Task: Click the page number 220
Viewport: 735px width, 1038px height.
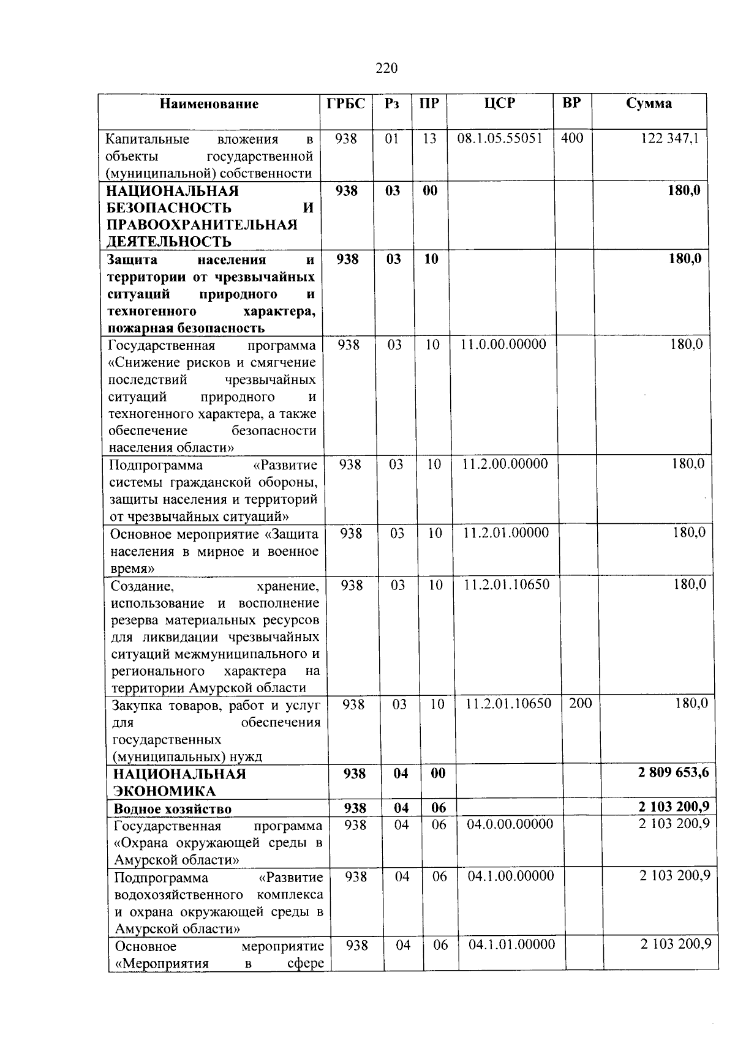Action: tap(386, 68)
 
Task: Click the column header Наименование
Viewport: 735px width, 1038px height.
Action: tap(209, 104)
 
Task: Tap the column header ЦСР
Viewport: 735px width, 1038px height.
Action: tap(500, 103)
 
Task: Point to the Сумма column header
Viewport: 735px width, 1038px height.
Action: tap(649, 103)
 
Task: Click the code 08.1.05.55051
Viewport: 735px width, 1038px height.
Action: tap(500, 138)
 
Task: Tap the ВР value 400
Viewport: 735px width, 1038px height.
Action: tap(572, 138)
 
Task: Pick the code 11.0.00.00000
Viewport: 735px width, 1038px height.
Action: tap(503, 345)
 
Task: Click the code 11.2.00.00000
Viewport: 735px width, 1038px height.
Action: tap(505, 464)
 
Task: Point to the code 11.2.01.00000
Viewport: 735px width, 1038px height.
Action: tap(506, 533)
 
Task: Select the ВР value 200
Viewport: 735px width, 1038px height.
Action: tap(580, 703)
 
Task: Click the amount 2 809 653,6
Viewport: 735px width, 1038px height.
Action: tap(673, 773)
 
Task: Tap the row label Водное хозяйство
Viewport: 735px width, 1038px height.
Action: tap(173, 809)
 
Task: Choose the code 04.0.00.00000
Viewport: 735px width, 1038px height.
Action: tap(510, 824)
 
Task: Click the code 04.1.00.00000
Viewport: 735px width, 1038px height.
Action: tap(511, 876)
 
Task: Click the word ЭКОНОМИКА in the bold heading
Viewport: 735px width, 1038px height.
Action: tap(164, 791)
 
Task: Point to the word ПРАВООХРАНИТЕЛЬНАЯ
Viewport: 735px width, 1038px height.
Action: tap(202, 225)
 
